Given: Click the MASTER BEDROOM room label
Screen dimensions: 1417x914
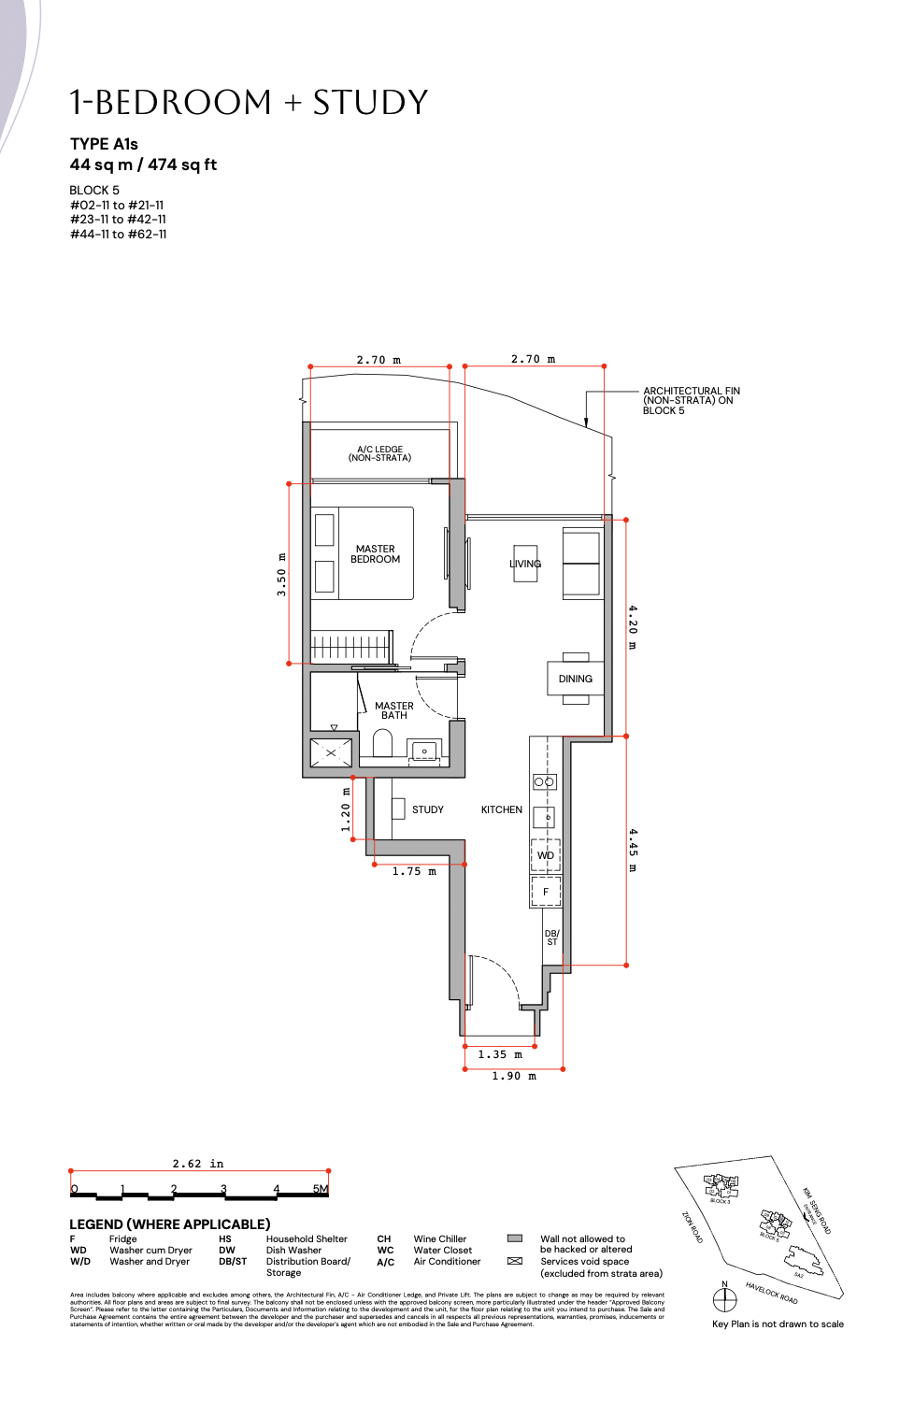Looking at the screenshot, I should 375,554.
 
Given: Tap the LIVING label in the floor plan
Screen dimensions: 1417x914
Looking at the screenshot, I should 525,564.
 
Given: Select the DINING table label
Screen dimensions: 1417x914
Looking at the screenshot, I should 575,679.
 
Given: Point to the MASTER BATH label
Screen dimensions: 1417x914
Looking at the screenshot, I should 393,710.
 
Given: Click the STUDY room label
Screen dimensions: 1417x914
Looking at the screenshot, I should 427,809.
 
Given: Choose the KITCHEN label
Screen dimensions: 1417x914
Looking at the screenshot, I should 501,809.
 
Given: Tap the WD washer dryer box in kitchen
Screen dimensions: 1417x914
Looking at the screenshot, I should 546,855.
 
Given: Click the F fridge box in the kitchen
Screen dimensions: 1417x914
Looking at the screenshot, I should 546,892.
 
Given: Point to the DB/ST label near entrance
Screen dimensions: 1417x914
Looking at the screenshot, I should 551,938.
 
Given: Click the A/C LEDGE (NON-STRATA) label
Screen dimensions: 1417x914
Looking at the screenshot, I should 379,453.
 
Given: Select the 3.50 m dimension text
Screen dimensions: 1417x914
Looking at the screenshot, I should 281,581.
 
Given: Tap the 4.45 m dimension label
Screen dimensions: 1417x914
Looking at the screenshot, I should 633,850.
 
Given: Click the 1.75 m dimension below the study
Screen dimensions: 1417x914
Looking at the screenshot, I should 414,871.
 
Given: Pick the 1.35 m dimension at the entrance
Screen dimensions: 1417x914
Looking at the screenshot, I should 500,1054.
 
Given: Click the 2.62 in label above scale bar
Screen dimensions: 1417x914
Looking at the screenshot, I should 198,1164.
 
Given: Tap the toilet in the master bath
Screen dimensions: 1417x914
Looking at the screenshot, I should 382,743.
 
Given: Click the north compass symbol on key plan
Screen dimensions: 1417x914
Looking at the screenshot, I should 724,1298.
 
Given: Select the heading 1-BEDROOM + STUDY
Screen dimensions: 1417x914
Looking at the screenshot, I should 249,102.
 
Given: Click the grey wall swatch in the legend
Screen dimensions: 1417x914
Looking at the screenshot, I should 514,1238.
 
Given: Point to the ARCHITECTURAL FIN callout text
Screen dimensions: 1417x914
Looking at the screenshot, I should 691,401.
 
